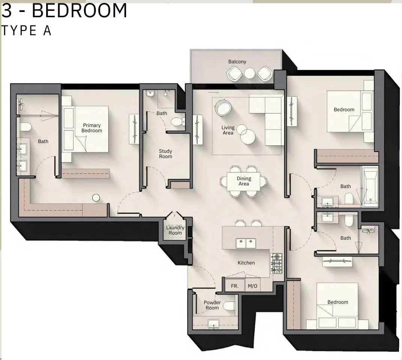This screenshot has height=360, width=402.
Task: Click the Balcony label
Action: tap(237, 62)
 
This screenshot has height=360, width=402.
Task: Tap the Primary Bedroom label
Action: tap(92, 128)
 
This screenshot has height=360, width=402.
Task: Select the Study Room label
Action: tap(166, 154)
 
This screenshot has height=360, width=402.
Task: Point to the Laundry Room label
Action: tap(175, 230)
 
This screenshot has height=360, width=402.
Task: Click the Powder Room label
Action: tap(212, 305)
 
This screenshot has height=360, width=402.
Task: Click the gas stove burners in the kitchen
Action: tap(276, 263)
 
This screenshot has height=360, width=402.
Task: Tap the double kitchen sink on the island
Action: tap(246, 243)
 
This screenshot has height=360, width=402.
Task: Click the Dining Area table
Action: tap(244, 181)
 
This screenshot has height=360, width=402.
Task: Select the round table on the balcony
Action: tap(250, 73)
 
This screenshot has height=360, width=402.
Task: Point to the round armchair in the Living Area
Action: tap(223, 108)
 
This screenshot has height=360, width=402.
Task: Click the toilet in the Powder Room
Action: tap(229, 306)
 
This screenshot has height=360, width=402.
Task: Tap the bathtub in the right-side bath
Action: tap(370, 187)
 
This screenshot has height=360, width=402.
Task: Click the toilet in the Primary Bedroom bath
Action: tap(25, 126)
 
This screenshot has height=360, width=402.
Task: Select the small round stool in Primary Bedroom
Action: tap(96, 197)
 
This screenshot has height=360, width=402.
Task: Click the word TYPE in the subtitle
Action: tap(19, 31)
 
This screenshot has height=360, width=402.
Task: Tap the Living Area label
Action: tap(228, 130)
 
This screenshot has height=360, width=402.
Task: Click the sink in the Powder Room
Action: tap(213, 323)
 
